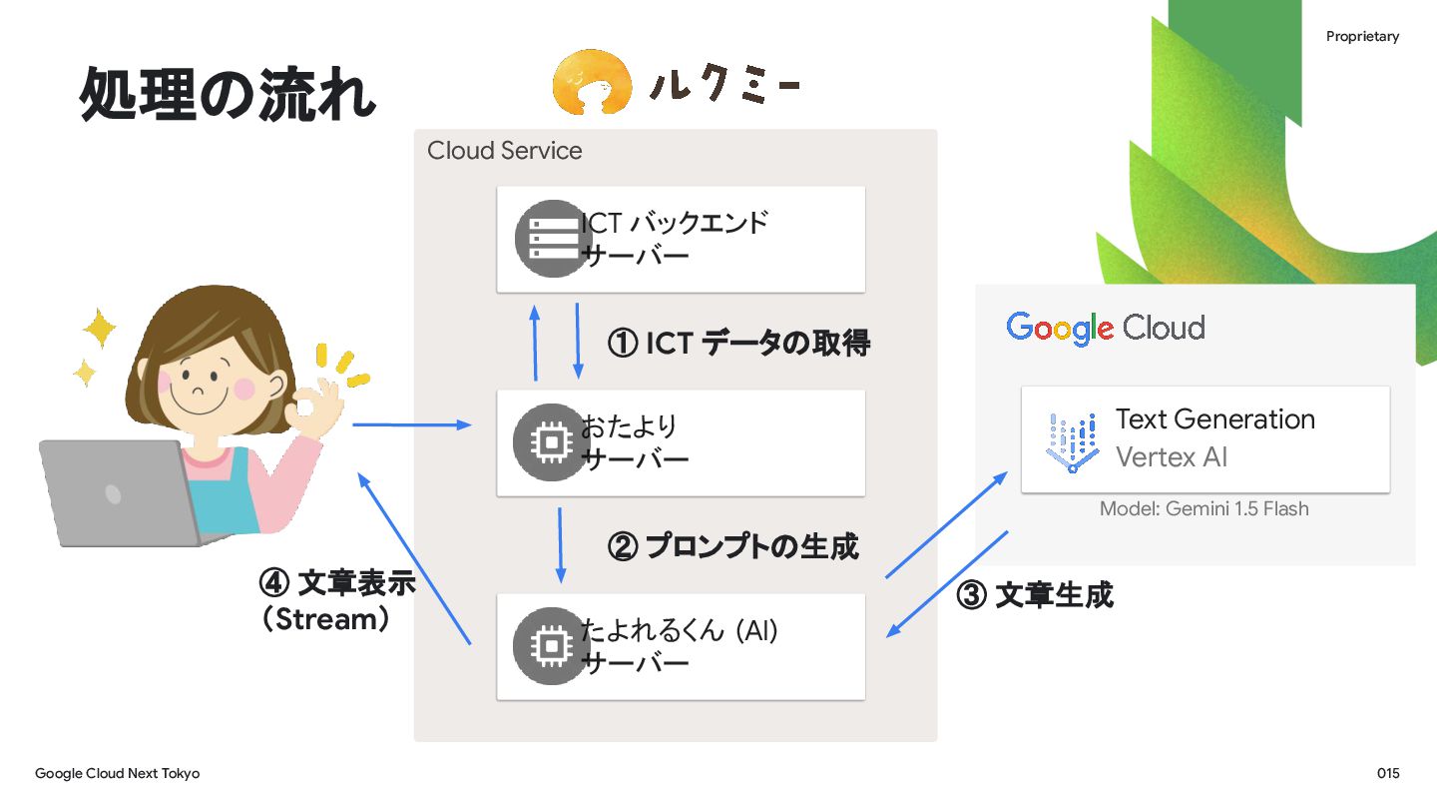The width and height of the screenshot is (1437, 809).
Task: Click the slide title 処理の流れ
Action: pos(228,96)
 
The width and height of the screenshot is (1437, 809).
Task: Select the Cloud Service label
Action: pos(504,151)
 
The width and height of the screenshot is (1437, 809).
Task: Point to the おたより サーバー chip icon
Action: pos(547,441)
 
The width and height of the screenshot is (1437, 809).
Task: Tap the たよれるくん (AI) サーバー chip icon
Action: pos(547,646)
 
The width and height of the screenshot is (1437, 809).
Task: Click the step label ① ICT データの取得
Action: pos(738,344)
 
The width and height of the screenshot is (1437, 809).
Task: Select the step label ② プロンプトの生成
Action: pos(732,546)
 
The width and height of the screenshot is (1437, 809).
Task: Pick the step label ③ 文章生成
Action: pos(1035,595)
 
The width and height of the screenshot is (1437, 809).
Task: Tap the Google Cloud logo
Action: pos(1106,328)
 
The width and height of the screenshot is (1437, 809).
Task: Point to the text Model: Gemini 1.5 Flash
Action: pos(1203,509)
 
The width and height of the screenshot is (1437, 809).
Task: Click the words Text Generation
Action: pos(1214,419)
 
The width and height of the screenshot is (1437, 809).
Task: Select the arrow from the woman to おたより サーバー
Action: pos(411,425)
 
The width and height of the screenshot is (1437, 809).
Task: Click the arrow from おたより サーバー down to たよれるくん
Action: pos(560,544)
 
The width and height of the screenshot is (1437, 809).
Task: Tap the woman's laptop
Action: pos(120,494)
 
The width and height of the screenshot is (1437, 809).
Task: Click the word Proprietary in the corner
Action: pos(1362,37)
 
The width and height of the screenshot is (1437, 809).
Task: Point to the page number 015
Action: pos(1388,774)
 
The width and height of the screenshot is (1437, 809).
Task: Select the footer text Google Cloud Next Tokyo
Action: pos(118,774)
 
